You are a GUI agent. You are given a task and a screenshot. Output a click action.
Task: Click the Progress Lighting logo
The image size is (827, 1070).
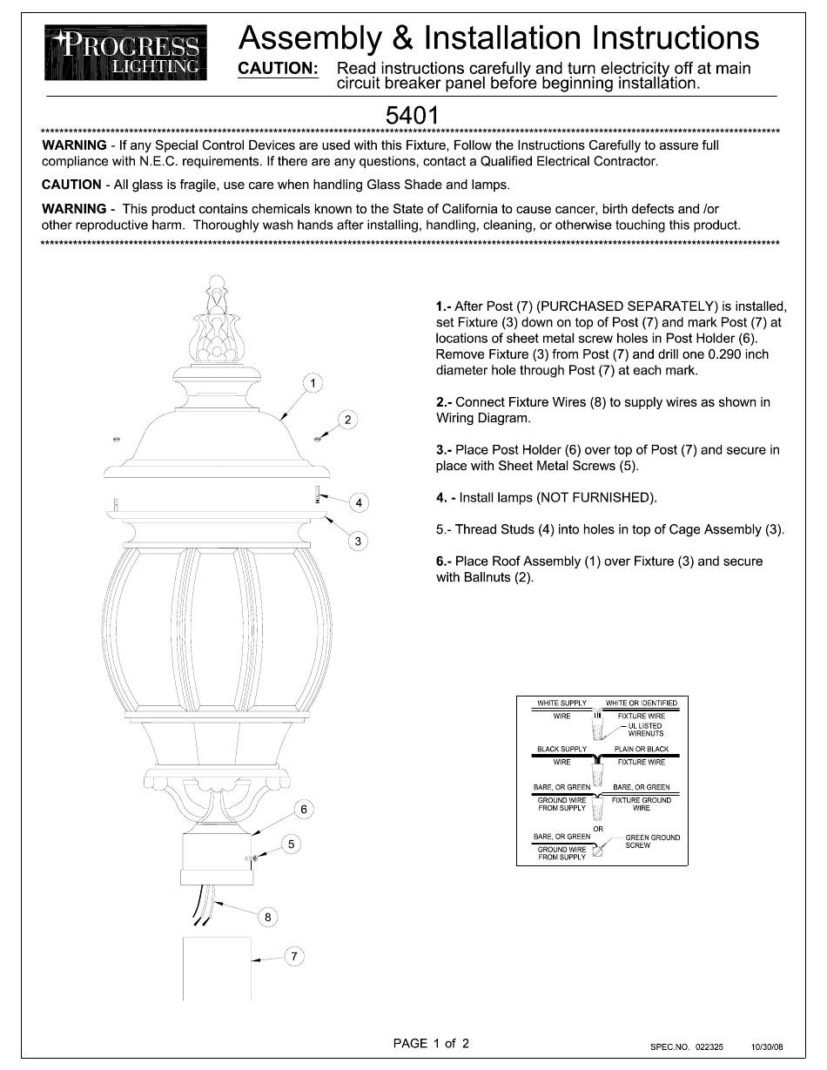(x=126, y=53)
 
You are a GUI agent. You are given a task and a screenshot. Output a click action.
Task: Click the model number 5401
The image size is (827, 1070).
(x=411, y=115)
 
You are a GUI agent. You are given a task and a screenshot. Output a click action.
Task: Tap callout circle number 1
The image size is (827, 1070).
(x=313, y=383)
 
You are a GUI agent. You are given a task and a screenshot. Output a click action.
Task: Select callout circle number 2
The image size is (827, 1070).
(x=347, y=421)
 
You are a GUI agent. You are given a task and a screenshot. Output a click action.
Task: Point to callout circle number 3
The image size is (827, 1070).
(x=358, y=542)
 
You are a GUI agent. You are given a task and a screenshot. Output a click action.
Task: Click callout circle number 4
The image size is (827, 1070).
(x=358, y=502)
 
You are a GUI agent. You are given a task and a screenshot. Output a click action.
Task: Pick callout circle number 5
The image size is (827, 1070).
(x=292, y=844)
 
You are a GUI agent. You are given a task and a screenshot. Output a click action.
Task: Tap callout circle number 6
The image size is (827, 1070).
(x=303, y=810)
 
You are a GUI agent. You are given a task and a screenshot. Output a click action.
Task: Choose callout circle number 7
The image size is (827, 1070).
(x=294, y=957)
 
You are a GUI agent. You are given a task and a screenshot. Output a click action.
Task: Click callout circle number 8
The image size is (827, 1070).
(x=267, y=917)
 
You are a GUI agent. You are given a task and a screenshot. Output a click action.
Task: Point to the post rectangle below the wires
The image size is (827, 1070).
(x=217, y=969)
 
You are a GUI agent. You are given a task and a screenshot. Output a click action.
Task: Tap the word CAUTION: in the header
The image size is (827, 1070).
(x=278, y=69)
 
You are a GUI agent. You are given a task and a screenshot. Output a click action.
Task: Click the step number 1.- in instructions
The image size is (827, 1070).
(x=443, y=306)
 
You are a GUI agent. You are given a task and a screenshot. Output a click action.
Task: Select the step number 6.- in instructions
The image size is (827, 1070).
(x=444, y=562)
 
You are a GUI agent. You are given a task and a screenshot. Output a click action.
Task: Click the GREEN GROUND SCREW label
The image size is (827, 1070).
(x=653, y=841)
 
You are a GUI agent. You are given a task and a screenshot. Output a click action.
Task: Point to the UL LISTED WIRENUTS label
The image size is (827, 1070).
(x=645, y=730)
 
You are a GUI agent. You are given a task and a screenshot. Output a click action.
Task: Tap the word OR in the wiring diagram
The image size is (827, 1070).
(x=598, y=829)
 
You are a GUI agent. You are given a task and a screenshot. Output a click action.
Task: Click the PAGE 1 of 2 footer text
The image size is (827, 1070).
(x=431, y=1043)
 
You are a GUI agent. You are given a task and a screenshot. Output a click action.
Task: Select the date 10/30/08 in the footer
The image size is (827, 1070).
(x=767, y=1046)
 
